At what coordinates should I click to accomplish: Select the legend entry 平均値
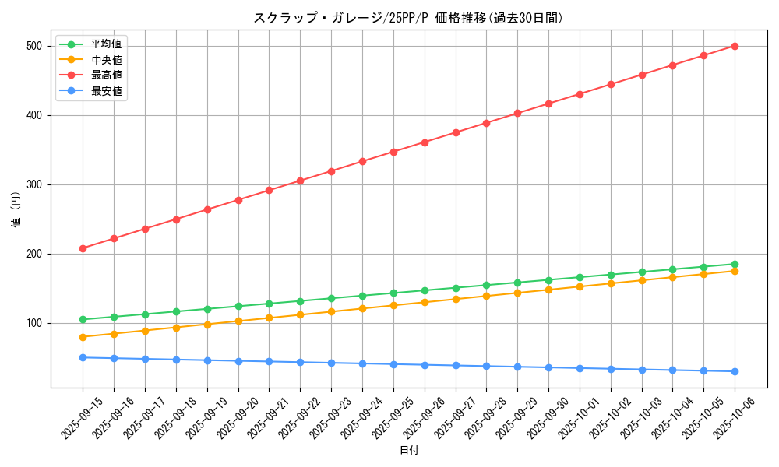coord(106,44)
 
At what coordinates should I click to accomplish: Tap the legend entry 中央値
coord(106,59)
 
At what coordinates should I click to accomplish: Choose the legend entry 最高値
coord(106,75)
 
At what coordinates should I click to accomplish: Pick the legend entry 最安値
coord(106,91)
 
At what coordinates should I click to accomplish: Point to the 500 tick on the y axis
coord(33,46)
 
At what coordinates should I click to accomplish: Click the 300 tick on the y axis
coord(33,184)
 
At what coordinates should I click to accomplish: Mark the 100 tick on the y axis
coord(33,323)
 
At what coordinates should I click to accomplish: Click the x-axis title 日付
coord(409,451)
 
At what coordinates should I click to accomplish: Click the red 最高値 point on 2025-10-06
coord(735,46)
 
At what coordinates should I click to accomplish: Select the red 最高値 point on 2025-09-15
coord(83,248)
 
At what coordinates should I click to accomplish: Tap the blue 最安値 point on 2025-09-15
coord(83,357)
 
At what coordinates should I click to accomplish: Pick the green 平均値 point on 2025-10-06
coord(735,264)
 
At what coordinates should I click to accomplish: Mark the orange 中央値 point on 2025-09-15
coord(83,337)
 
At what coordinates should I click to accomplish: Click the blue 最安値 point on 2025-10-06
coord(735,371)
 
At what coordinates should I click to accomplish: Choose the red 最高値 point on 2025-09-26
coord(425,142)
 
